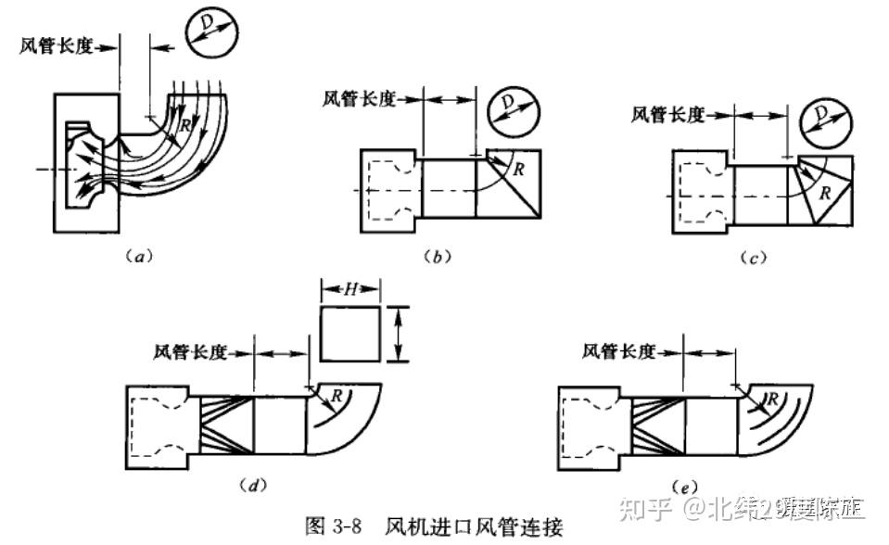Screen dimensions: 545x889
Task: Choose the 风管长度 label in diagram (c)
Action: point(667,114)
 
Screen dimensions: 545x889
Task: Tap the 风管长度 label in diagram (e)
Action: point(619,351)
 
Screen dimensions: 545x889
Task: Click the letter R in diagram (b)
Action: point(519,169)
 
